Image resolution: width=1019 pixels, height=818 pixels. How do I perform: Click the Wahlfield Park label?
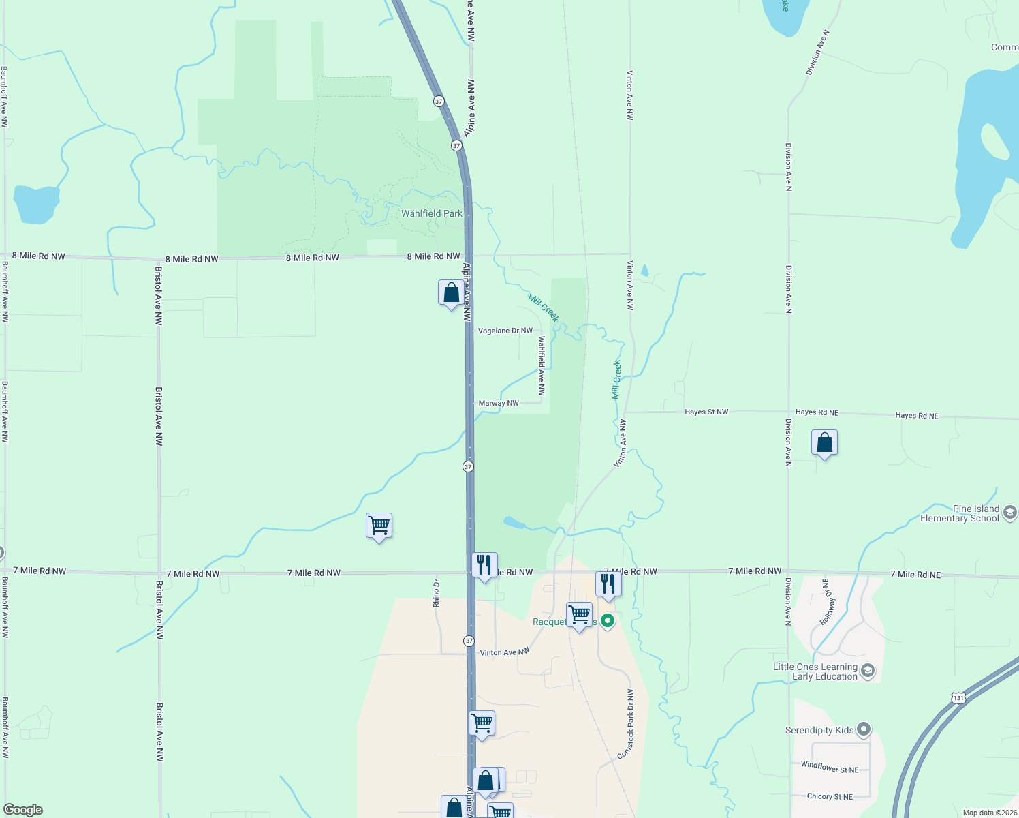pos(431,213)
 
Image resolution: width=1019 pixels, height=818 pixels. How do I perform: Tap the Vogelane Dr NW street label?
pos(505,331)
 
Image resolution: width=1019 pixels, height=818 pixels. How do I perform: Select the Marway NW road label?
pos(499,403)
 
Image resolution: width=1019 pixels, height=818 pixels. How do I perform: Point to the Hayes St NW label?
pos(706,412)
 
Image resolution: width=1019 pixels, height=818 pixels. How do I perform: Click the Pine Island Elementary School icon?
pos(1010,513)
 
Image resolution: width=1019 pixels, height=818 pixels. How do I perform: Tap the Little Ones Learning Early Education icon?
pos(868,671)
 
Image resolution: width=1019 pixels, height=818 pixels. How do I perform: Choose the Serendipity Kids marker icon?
pos(864,730)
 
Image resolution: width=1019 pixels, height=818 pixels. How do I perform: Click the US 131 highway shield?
pos(958,698)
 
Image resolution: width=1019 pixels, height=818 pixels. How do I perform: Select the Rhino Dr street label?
pos(437,593)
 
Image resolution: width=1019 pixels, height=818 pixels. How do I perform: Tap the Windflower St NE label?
pos(830,767)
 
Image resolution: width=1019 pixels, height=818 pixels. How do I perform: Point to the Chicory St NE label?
pos(830,796)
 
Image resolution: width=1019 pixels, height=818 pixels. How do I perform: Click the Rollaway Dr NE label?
pos(827,603)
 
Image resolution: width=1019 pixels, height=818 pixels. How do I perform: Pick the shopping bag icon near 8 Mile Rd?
pos(451,293)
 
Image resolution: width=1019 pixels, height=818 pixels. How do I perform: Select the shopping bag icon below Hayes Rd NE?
pos(824,443)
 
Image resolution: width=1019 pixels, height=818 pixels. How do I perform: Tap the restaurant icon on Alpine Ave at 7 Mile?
pos(484,565)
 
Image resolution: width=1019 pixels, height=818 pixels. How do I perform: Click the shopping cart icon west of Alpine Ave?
pos(379,526)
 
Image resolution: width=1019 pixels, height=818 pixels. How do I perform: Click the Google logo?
pos(23,810)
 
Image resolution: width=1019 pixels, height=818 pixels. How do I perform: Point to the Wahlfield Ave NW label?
pos(542,366)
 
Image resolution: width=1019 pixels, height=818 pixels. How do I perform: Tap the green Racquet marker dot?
pos(608,621)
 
